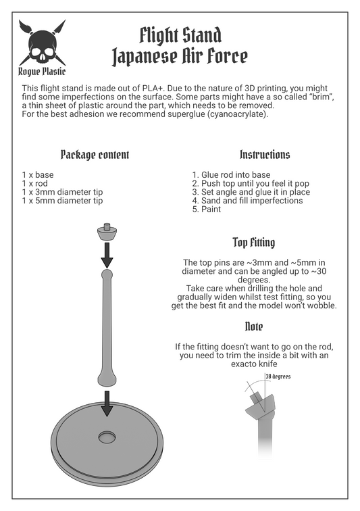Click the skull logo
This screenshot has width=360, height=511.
click(43, 43)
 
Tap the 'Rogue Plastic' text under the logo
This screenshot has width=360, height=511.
click(42, 72)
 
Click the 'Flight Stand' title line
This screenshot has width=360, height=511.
click(180, 36)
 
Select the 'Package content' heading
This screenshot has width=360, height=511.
click(95, 155)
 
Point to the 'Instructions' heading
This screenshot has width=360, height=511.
click(265, 155)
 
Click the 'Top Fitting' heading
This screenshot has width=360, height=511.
click(254, 243)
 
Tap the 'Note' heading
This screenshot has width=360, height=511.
click(254, 326)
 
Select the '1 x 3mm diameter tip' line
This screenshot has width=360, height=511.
click(62, 192)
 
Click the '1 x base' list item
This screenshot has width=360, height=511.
click(38, 174)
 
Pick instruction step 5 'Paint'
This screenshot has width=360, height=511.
click(207, 210)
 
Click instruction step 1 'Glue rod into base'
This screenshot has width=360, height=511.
click(231, 174)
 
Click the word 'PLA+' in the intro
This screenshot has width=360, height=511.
click(153, 89)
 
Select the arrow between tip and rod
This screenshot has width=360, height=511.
click(107, 255)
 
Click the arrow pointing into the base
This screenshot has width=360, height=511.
click(107, 404)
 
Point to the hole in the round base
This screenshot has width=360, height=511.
click(107, 437)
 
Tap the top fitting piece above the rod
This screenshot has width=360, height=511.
click(107, 231)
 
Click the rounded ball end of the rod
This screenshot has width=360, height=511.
click(107, 274)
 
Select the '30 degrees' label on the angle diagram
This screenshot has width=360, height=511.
click(278, 376)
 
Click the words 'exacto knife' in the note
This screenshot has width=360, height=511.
click(254, 364)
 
